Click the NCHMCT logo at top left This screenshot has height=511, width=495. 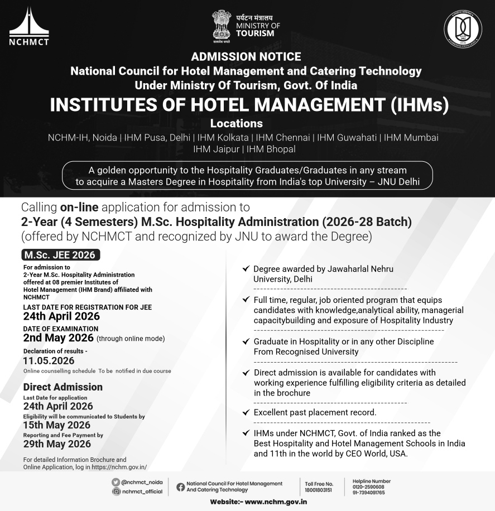29,26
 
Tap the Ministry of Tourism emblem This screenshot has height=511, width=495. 221,26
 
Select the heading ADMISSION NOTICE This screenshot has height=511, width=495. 246,57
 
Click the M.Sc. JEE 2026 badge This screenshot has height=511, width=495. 61,255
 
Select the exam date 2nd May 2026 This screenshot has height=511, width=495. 58,338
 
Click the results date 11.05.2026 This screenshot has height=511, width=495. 49,361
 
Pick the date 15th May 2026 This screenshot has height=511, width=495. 57,425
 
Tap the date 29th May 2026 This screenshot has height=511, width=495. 57,444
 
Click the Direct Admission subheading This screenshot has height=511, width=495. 63,387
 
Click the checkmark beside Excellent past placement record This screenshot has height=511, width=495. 246,412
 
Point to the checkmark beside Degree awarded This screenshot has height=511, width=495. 246,269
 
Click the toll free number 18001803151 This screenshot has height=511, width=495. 319,490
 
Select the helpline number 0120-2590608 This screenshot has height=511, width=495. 368,487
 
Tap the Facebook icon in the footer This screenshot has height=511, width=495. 180,486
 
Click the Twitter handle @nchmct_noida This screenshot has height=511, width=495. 142,482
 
